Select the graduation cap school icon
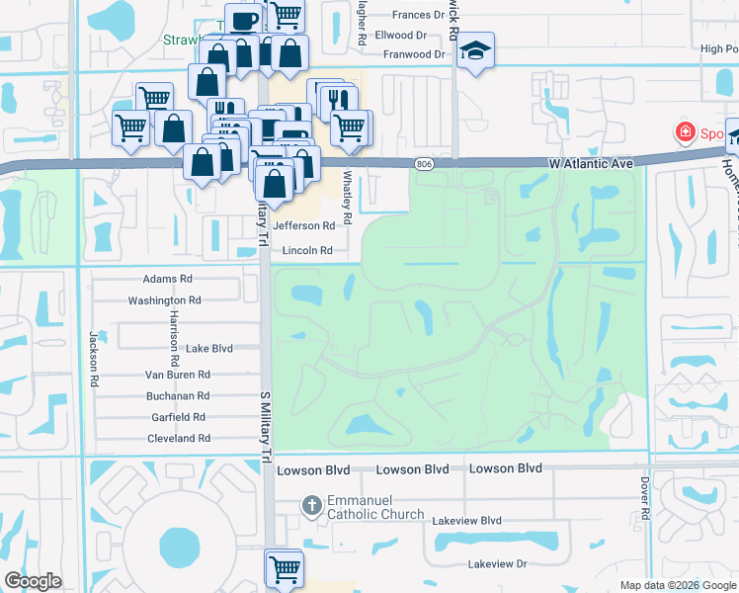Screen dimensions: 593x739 [475, 52]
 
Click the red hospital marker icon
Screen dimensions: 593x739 [682, 131]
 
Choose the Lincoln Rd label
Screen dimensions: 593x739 [306, 251]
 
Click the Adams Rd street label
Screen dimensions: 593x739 [167, 280]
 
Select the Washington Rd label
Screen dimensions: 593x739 [164, 300]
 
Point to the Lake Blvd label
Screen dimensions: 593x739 [208, 349]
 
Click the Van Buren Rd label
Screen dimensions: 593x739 [178, 376]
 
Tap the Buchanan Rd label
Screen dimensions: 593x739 [177, 397]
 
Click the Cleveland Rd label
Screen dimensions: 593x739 [177, 438]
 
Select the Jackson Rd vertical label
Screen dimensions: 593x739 [94, 359]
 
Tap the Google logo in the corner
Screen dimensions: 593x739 [33, 581]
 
